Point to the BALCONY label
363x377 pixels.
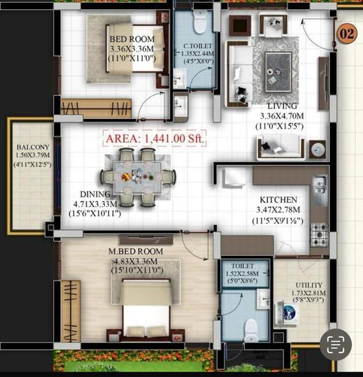pos(31,148)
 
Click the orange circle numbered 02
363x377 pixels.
pos(346,33)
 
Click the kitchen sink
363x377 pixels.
pos(320,184)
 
